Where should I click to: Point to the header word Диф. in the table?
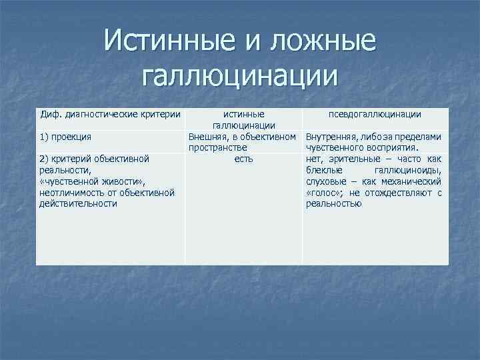click(x=51, y=114)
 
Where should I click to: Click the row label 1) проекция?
click(x=65, y=137)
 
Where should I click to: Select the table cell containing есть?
click(x=243, y=159)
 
